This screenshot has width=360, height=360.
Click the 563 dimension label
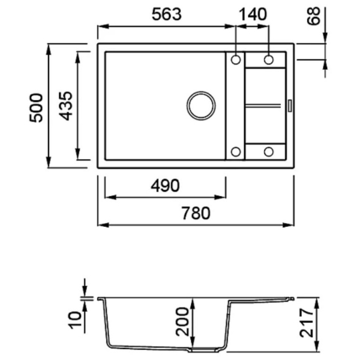[x=167, y=14]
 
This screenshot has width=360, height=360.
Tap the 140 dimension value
[x=253, y=14]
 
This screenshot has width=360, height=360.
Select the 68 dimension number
[x=313, y=16]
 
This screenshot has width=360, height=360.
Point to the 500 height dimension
[x=36, y=107]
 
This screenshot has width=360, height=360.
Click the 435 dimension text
[x=66, y=106]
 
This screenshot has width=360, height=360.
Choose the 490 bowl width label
[x=165, y=185]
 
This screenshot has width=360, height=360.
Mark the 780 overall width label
[x=196, y=213]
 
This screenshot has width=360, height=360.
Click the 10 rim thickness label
[x=76, y=320]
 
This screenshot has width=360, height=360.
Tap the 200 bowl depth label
[x=182, y=322]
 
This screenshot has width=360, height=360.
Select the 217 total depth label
[x=307, y=323]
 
